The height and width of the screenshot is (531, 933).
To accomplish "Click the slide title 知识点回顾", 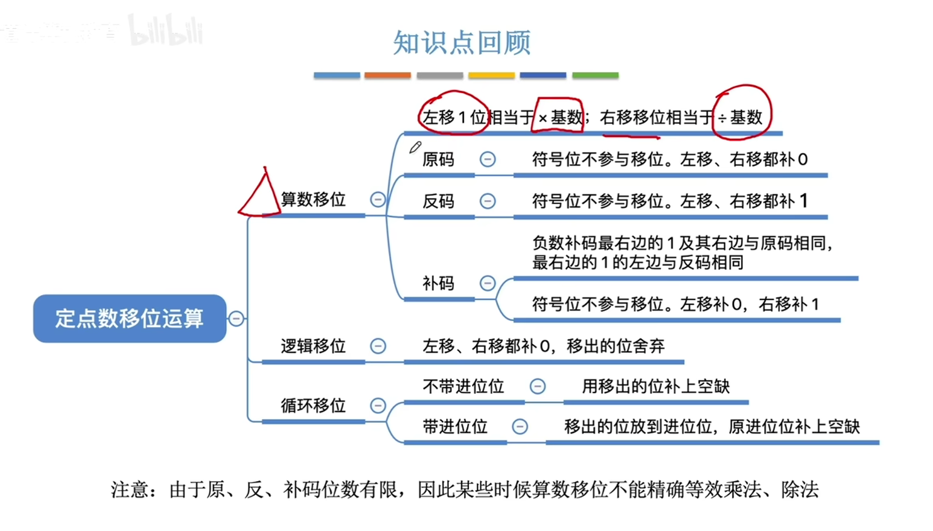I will point(461,43).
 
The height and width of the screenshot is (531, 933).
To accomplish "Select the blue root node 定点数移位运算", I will point(129,318).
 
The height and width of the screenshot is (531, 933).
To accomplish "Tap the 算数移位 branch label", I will point(313,199).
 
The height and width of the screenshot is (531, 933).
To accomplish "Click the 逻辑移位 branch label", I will point(313,346).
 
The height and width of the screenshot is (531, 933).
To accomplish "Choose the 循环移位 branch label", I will point(313,405).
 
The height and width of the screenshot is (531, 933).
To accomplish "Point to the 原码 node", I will point(438,159).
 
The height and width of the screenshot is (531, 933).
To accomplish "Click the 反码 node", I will point(438,201).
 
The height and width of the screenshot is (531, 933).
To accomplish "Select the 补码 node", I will point(438,283).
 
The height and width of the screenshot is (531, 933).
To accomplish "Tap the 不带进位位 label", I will point(463,386).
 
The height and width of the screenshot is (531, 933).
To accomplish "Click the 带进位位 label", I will point(455,427).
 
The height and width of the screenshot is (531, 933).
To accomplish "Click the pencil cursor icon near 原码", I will point(415,148).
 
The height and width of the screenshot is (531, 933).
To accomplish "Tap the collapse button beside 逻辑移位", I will point(378,346).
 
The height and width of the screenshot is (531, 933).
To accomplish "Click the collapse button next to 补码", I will point(487,283).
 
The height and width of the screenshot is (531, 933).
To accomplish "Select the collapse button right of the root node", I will point(236,318).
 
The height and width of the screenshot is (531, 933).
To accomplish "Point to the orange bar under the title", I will point(387,75).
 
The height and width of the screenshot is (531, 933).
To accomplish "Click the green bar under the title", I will point(595,75).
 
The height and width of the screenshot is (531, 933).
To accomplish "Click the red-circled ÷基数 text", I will point(742,117).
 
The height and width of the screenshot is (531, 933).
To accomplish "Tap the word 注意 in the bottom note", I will point(129,489).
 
